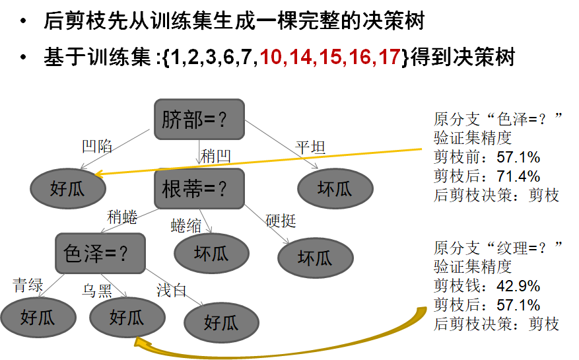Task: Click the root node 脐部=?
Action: [199, 120]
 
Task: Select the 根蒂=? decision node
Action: [199, 189]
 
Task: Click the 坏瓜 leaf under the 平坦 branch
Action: [335, 189]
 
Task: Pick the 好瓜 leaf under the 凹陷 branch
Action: [67, 189]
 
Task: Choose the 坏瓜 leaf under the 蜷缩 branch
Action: [211, 253]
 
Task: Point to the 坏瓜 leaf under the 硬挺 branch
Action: [315, 258]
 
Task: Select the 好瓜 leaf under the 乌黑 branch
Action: [126, 318]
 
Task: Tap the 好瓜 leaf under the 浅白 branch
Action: [221, 323]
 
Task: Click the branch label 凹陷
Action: [96, 146]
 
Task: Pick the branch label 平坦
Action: [310, 147]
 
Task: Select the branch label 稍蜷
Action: [122, 217]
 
